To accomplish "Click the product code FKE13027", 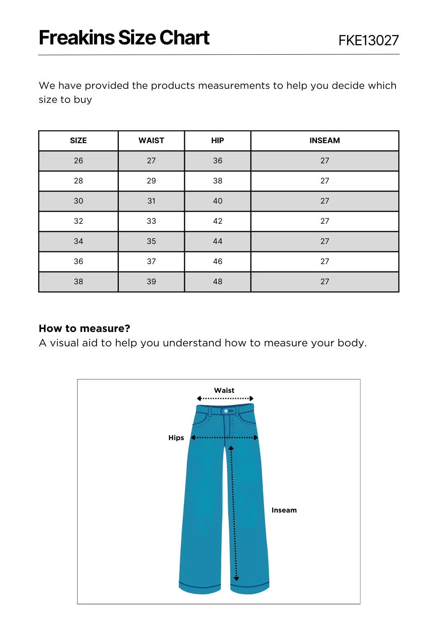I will point(368,40).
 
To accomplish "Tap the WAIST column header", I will point(151,141).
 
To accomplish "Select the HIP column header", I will point(217,141).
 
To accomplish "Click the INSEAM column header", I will point(325,141).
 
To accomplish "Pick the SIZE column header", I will point(78,141).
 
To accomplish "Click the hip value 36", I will point(217,161).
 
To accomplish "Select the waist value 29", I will point(151,181).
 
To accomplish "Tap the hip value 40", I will point(217,201).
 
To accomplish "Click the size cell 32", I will point(78,221).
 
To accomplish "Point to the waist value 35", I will point(151,241).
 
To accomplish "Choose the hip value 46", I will point(217,262).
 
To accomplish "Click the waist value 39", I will point(151,282).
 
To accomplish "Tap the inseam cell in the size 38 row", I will point(325,282).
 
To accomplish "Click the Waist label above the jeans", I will point(224,390).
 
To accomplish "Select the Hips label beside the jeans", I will point(176,438).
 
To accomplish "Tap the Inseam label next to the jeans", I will point(284,510).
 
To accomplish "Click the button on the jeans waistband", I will point(226,411).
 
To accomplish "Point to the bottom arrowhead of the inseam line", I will point(236,579).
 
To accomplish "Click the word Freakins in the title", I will point(77,38).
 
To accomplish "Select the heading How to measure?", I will point(84,328).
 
